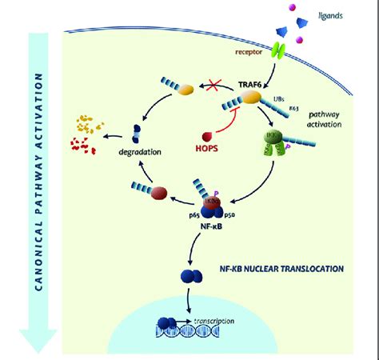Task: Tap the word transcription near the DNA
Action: [213, 321]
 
